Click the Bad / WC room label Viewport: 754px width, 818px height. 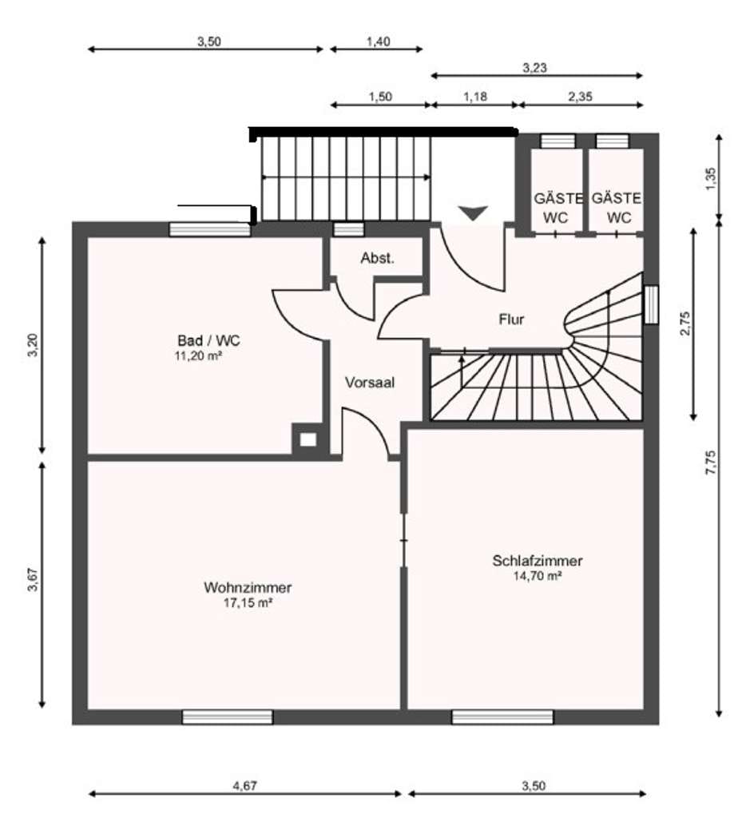(x=208, y=340)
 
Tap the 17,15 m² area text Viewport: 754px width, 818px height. (x=248, y=603)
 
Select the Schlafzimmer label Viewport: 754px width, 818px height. (x=537, y=561)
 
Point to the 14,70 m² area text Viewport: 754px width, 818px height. (x=537, y=576)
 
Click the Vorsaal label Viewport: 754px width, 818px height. (x=370, y=383)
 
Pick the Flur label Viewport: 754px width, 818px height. (x=511, y=320)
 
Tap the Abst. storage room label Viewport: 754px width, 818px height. (x=378, y=258)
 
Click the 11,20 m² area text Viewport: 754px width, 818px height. (x=199, y=356)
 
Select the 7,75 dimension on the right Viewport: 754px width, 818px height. (x=710, y=463)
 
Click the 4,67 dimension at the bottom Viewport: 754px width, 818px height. (x=244, y=785)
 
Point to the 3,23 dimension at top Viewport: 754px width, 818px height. (x=535, y=68)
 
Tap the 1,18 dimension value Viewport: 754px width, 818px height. (x=475, y=97)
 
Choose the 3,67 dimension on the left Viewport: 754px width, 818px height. (x=33, y=580)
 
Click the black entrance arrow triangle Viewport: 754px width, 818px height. (x=474, y=212)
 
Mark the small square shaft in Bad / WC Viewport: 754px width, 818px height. (x=308, y=440)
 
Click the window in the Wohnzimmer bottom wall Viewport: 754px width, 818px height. (x=228, y=717)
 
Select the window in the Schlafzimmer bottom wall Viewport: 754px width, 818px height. (x=502, y=717)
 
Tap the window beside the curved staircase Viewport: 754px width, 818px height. (x=651, y=304)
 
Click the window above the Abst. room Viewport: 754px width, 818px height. (x=348, y=229)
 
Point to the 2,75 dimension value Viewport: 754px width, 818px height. (x=685, y=324)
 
